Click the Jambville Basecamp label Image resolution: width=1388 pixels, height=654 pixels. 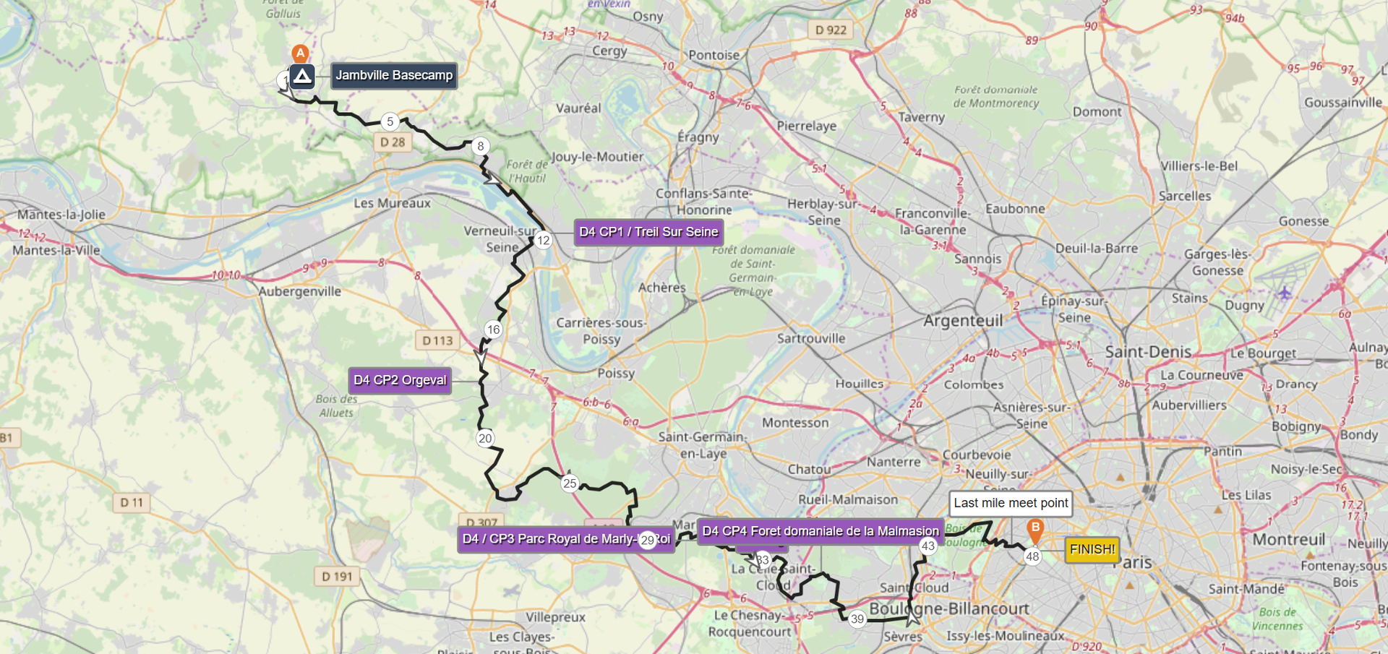pos(394,75)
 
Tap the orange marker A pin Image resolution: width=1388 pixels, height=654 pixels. pos(300,53)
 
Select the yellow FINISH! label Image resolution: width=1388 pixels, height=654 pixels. pos(1092,549)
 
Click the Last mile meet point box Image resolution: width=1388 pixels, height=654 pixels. pos(1010,503)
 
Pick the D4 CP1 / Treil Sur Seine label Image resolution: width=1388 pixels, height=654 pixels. pos(648,232)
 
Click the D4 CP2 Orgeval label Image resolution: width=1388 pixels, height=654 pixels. pos(400,380)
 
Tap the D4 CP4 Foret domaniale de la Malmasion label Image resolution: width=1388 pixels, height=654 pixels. pos(820,531)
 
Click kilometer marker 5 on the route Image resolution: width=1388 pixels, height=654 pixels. pos(390,121)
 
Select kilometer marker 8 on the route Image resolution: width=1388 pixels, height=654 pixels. pos(480,146)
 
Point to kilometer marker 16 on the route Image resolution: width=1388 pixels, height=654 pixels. pos(493,330)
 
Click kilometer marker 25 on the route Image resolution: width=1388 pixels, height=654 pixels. pos(570,483)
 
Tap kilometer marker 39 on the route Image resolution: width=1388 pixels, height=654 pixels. pos(857,619)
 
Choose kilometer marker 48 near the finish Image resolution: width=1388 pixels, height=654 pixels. pos(1032,556)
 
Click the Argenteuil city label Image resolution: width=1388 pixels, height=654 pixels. pos(963,320)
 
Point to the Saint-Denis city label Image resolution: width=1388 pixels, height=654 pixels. pos(1148,352)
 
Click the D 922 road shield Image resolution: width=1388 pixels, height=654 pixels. pos(831,30)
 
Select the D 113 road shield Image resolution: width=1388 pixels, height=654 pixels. pos(437,340)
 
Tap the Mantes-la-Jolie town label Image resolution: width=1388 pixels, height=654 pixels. pos(61,215)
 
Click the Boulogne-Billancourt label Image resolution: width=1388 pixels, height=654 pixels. pos(948,608)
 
